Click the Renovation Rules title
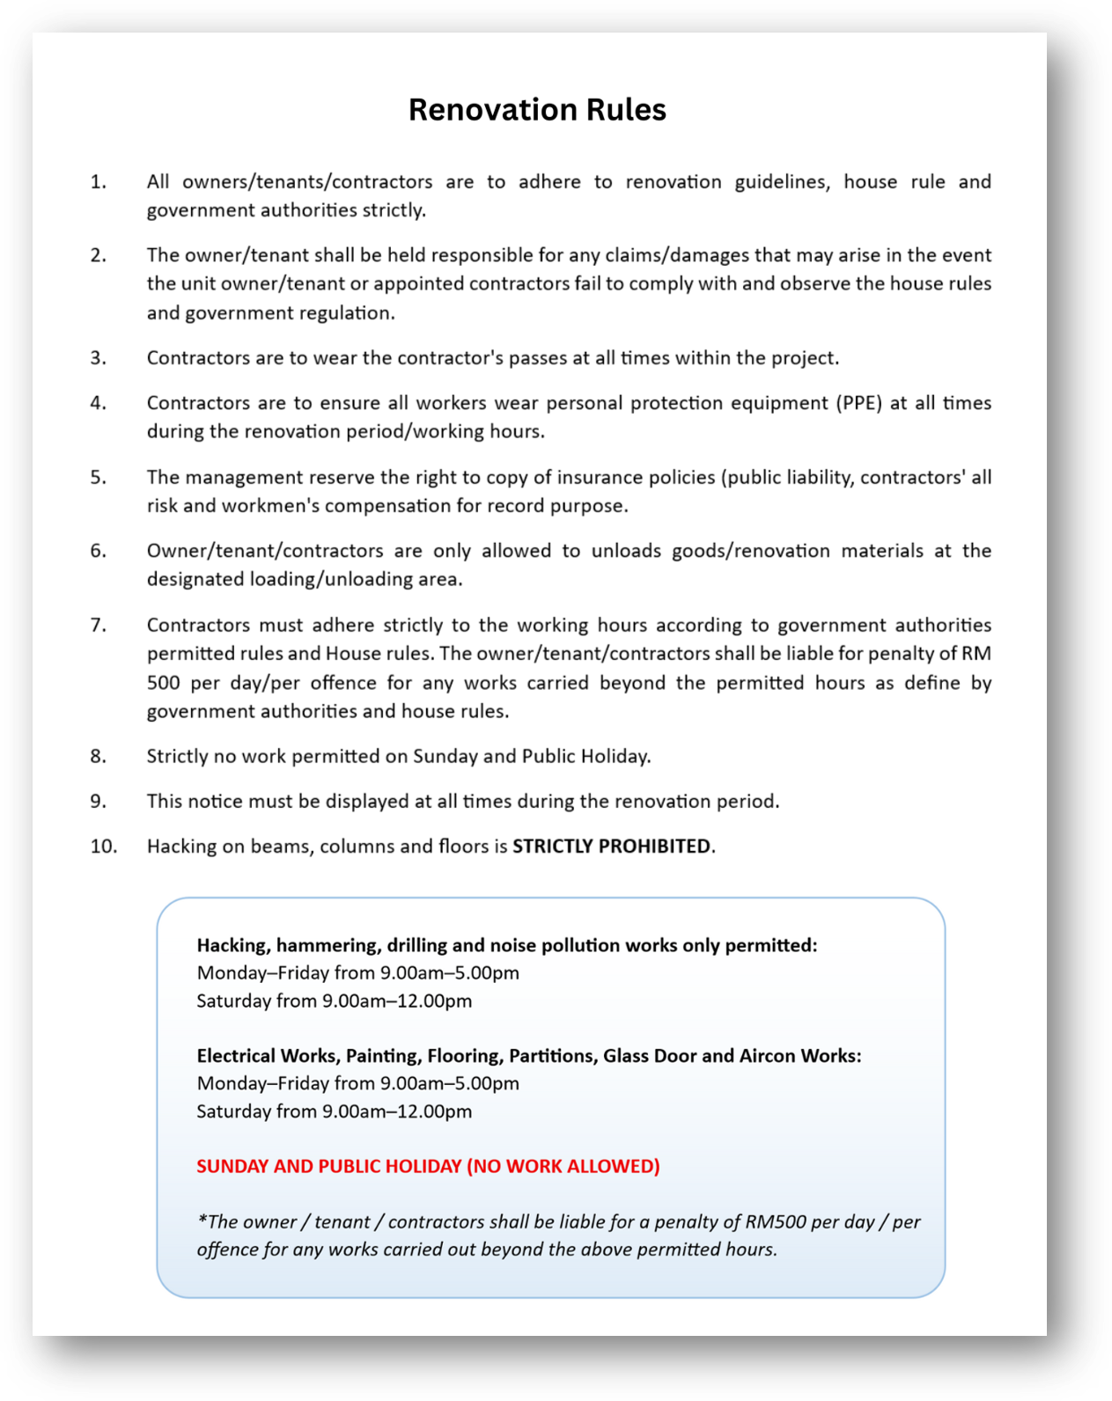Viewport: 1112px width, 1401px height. (537, 110)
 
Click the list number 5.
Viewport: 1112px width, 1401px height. (98, 477)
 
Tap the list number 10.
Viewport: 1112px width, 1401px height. (103, 846)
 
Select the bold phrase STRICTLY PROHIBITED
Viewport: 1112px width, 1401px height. (611, 846)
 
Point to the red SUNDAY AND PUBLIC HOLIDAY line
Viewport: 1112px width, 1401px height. (428, 1166)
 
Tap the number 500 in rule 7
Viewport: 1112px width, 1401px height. (163, 683)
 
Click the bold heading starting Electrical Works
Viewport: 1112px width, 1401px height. (528, 1055)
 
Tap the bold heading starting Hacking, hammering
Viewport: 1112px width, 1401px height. (506, 945)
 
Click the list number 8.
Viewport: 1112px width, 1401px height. (98, 756)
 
